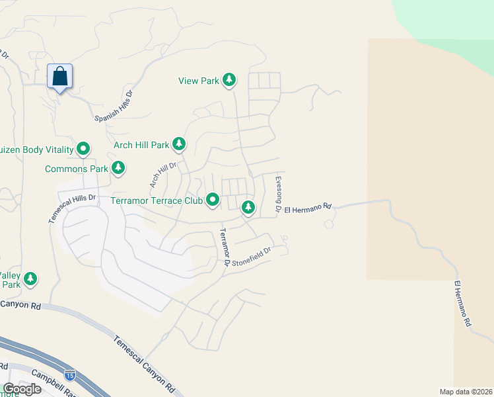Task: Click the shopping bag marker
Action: [x=60, y=77]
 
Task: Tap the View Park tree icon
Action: [x=229, y=81]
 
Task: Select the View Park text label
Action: [x=198, y=81]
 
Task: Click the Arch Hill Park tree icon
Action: [x=178, y=144]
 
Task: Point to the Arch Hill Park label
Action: [x=141, y=145]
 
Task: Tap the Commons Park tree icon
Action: [x=118, y=168]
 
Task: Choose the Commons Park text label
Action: [x=76, y=169]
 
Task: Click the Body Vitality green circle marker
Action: [x=83, y=150]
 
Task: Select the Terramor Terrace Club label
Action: [x=156, y=200]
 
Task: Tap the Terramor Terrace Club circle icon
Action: [x=213, y=199]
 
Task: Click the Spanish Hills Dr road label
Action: [x=114, y=106]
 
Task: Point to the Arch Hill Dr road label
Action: [x=164, y=175]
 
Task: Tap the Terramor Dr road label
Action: [x=224, y=246]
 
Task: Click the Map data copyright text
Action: [x=466, y=392]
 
